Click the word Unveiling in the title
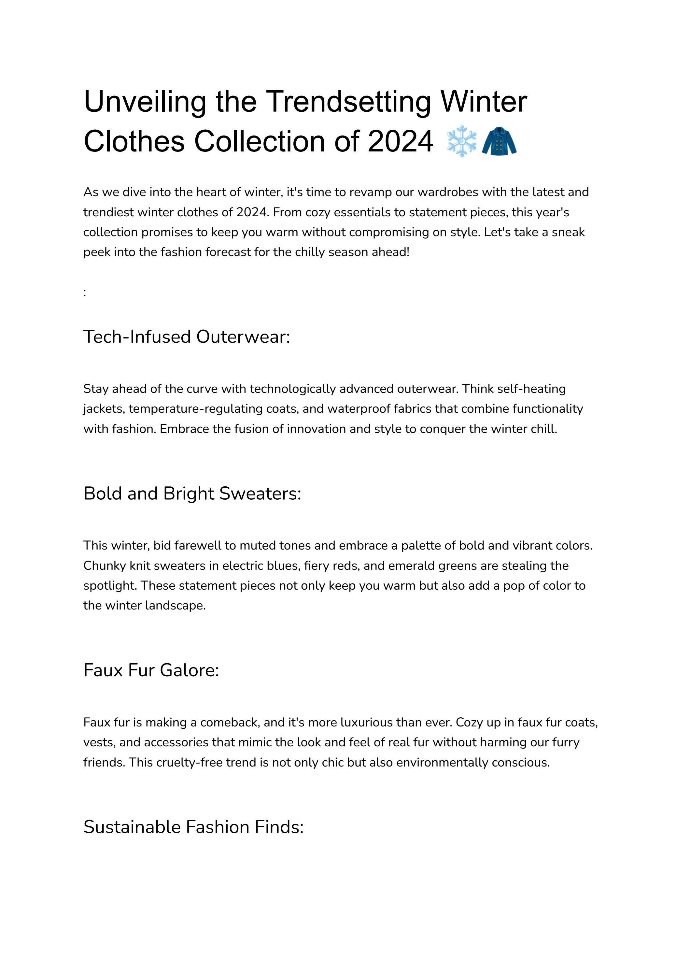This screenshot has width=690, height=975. point(145,102)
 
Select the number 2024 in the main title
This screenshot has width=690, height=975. point(400,141)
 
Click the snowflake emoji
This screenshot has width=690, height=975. point(462,141)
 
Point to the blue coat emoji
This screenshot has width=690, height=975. point(499,141)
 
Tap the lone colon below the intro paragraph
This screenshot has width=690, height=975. point(85,293)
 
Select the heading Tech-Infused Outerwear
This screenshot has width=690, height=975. point(187,337)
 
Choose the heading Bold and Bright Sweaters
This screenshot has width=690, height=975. point(192,494)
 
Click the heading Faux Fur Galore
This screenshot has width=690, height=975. point(151,670)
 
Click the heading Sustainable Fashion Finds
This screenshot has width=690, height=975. point(193,827)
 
